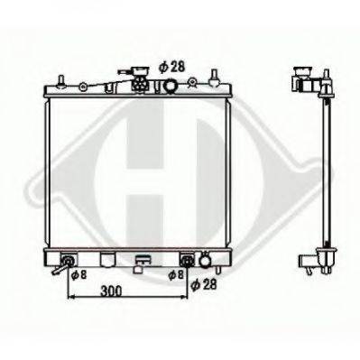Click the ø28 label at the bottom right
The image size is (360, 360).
coord(203,284)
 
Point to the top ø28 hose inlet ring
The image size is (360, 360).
coord(171,87)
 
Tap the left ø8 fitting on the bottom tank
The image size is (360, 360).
coord(66,262)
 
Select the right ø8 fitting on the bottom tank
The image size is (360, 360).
coord(186,262)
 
